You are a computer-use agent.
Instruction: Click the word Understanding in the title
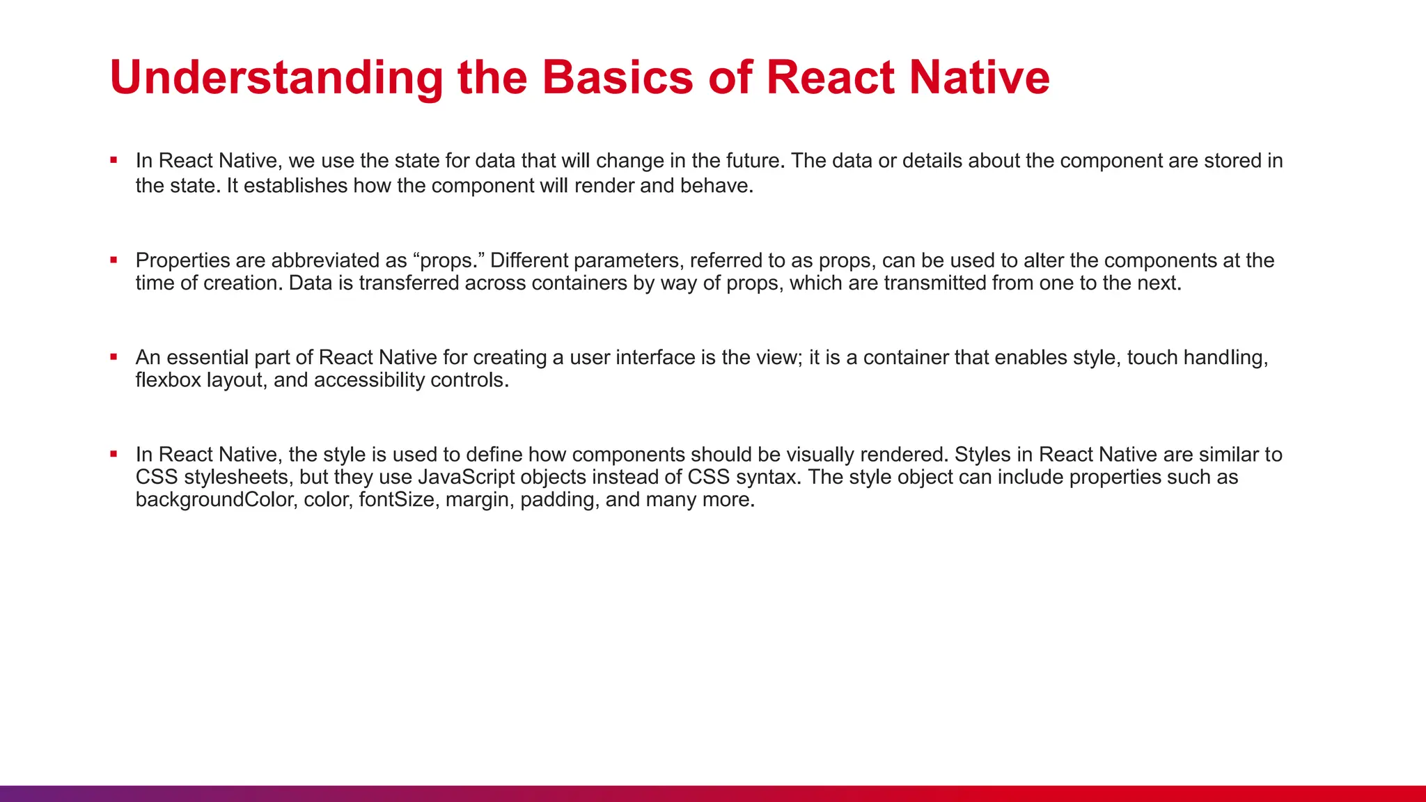(276, 77)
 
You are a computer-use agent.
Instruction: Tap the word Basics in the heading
(618, 77)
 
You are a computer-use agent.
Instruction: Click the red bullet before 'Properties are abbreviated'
(113, 260)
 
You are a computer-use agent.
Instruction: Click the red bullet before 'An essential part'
(113, 357)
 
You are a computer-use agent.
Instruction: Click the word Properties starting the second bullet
(182, 260)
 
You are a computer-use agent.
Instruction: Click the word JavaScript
(466, 477)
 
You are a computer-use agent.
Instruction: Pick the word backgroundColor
(215, 500)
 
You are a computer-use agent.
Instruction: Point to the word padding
(559, 500)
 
